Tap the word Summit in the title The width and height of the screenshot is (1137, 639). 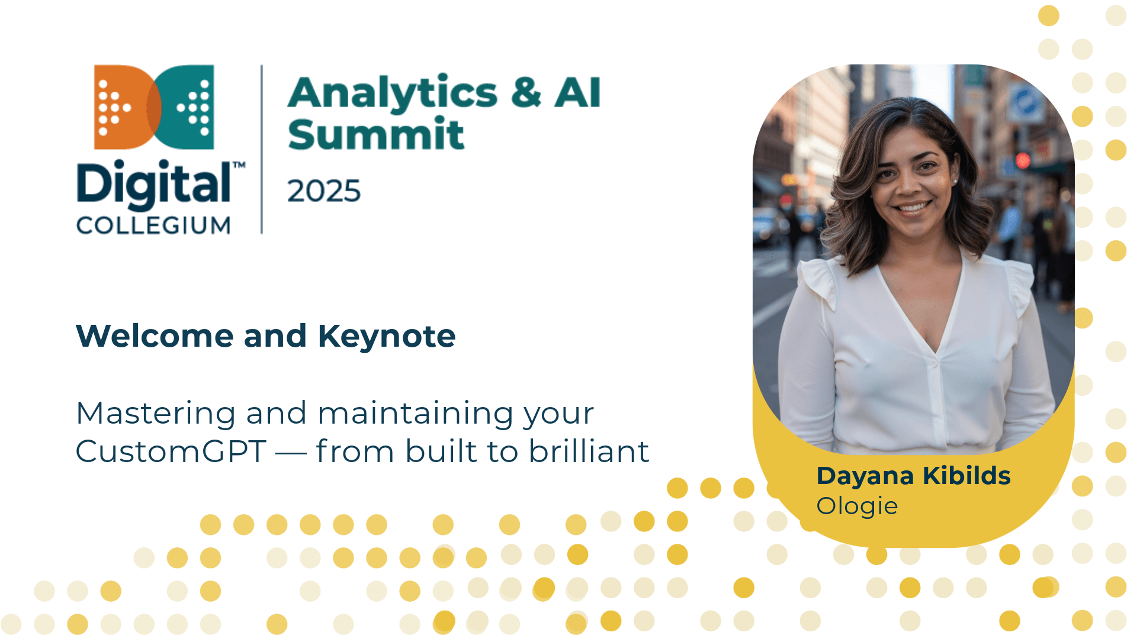pos(376,133)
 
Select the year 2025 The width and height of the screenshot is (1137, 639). pos(324,191)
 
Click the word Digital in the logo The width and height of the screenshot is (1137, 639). pos(154,184)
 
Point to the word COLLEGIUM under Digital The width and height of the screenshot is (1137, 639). pos(153,225)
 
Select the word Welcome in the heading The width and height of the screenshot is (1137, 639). pos(155,336)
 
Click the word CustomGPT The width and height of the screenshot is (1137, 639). pos(171,452)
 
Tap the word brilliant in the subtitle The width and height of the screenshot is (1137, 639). pos(589,451)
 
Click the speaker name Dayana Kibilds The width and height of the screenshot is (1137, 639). pos(913,476)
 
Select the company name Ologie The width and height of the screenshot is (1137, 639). pos(857,506)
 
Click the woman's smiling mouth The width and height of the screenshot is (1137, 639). pos(912,207)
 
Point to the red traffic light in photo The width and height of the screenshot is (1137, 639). pos(1023,160)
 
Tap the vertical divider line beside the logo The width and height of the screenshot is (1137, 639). pos(262,149)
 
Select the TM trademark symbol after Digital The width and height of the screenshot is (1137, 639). pos(239,164)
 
